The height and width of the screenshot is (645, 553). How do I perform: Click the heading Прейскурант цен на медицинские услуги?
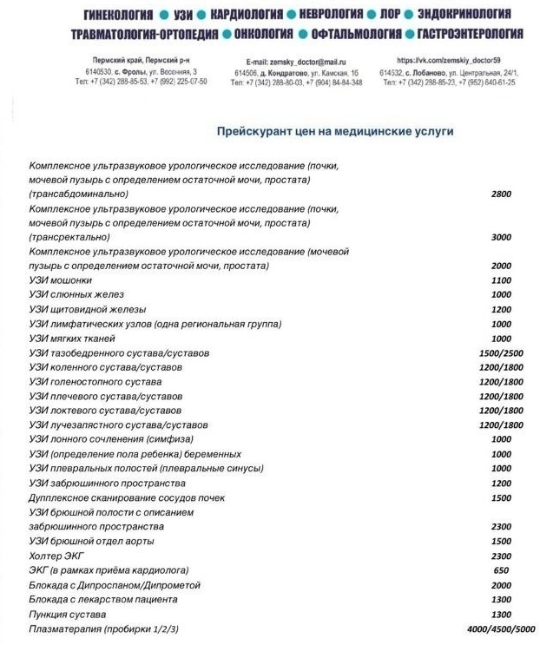[x=335, y=130]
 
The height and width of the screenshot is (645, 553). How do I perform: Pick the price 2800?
[x=501, y=194]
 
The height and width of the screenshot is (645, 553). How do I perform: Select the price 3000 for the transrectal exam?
[x=501, y=237]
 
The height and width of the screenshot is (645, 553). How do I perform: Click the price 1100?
[x=501, y=280]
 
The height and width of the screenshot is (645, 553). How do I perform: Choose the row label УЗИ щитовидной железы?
[x=87, y=309]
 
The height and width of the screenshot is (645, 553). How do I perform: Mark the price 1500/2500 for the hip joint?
[x=501, y=353]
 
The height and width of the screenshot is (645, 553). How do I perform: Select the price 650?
[x=501, y=570]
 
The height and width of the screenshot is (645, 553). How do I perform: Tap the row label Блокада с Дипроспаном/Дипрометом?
[x=115, y=585]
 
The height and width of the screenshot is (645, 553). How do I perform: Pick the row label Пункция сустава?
[x=69, y=614]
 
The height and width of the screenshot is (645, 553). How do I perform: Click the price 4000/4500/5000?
[x=501, y=629]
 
